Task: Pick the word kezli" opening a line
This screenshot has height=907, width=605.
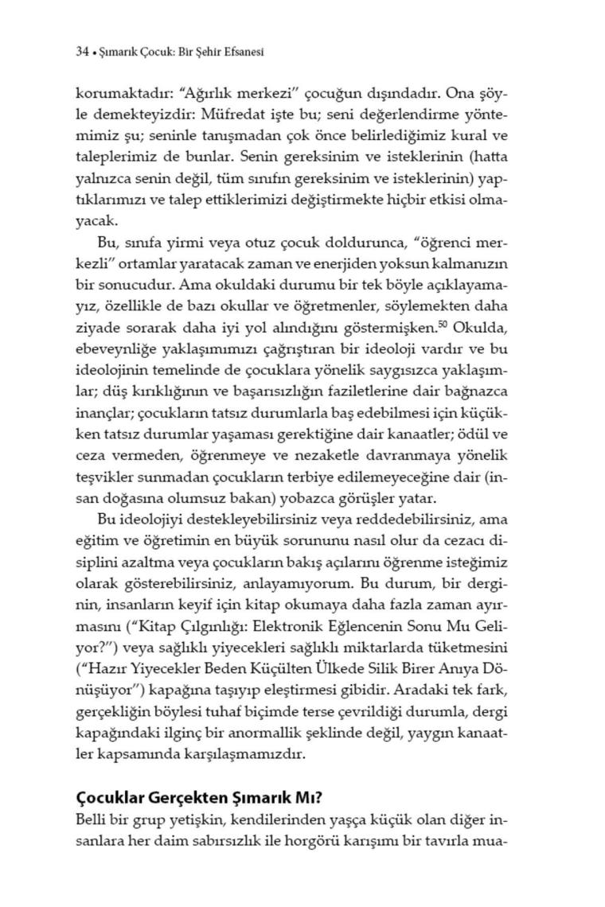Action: point(96,283)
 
